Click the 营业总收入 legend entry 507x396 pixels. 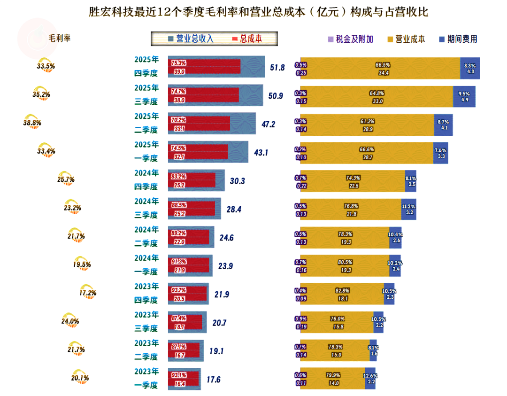pos(191,39)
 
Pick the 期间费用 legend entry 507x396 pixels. pos(458,39)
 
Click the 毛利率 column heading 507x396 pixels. pos(60,39)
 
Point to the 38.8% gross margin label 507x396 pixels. pos(32,123)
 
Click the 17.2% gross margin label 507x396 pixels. pos(88,293)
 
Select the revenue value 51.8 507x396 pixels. pos(277,68)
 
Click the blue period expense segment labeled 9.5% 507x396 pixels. pos(463,96)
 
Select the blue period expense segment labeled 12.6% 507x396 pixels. pos(370,379)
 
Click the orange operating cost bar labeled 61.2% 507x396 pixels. pos(367,124)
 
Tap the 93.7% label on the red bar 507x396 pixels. pos(179,290)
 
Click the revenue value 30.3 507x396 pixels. pos(238,181)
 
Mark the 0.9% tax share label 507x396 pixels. pos(300,318)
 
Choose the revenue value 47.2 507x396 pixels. pos(269,124)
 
